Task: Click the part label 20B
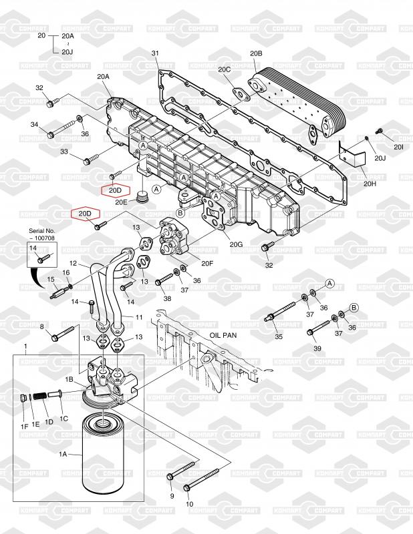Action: point(256,53)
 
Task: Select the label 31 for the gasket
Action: point(155,53)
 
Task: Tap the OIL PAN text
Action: point(224,337)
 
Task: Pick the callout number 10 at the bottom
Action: point(188,505)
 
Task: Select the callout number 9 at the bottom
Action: point(170,497)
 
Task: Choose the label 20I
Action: point(398,146)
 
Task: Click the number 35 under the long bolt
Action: point(279,336)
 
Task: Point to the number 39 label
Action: point(318,349)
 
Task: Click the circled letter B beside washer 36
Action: point(354,306)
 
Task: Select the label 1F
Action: point(24,426)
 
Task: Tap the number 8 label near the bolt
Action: point(42,326)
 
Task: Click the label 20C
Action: point(224,69)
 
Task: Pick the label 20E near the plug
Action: point(120,201)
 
